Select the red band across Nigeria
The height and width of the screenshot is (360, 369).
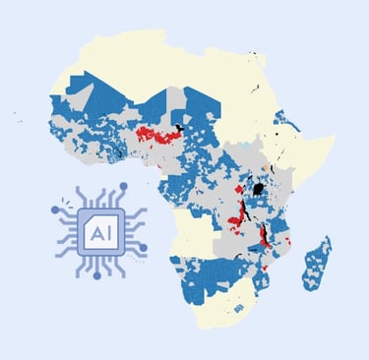point(157,133)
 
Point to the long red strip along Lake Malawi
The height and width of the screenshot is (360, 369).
point(264,236)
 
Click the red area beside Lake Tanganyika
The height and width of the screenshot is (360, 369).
point(237,210)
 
